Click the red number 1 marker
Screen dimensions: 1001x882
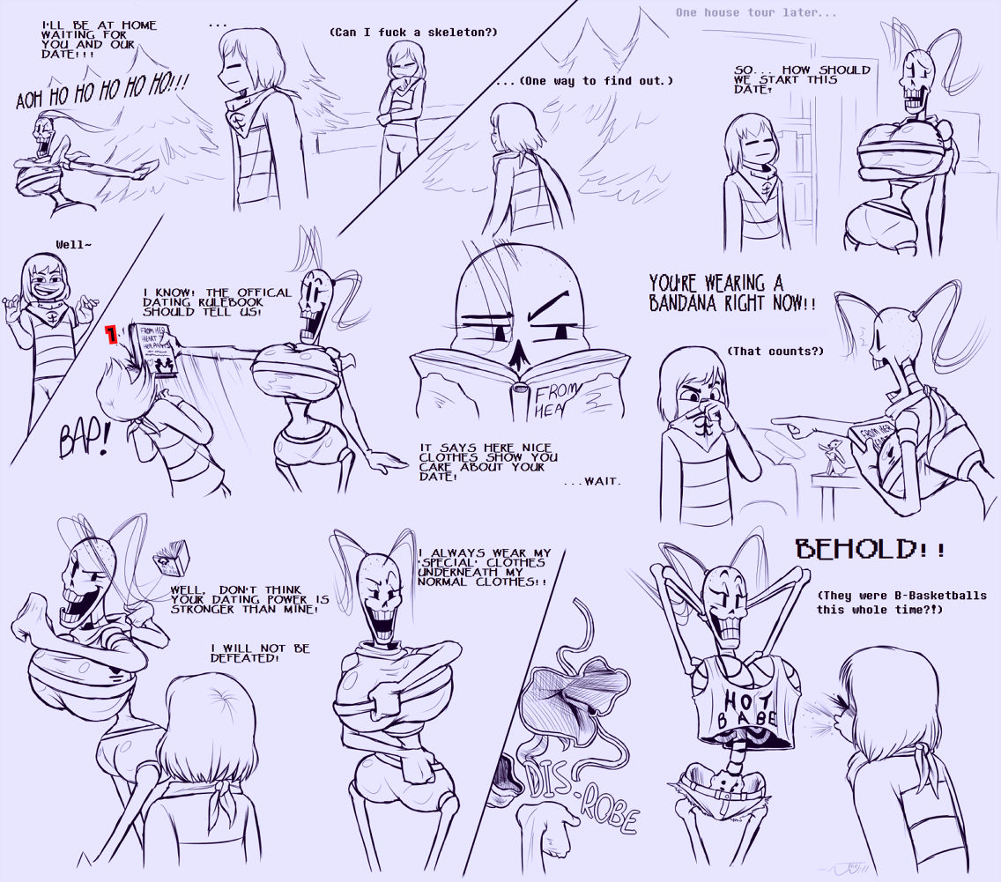click(x=112, y=333)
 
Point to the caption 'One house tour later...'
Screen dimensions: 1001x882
click(x=756, y=12)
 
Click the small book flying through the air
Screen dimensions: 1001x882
click(x=172, y=557)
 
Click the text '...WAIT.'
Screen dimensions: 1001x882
click(x=592, y=480)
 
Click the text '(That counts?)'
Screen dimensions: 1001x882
click(x=775, y=351)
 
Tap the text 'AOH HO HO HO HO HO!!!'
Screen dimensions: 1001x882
click(x=102, y=92)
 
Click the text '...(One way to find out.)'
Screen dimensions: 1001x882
click(x=584, y=81)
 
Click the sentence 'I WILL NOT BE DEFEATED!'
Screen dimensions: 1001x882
click(x=260, y=653)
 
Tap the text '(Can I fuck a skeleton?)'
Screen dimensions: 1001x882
click(x=413, y=32)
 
